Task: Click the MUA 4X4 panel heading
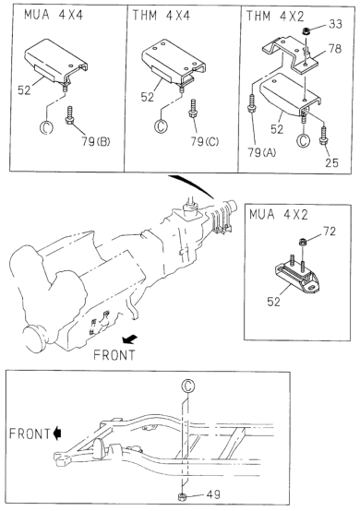(54, 15)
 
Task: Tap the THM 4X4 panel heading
(162, 16)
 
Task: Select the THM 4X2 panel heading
(275, 16)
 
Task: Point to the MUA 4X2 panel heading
(279, 215)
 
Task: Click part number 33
(335, 24)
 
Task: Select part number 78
(335, 49)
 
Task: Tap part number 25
(331, 162)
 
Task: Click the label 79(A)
(261, 152)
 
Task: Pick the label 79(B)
(96, 141)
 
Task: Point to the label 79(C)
(205, 141)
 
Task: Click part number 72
(330, 232)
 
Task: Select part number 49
(213, 494)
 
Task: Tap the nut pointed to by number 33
(306, 31)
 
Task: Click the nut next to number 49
(182, 497)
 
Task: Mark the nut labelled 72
(302, 243)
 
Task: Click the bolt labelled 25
(323, 137)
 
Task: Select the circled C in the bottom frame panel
(187, 386)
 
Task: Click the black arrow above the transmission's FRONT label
(130, 339)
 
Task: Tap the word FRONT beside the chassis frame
(30, 434)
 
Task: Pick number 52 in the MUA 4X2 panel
(273, 302)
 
